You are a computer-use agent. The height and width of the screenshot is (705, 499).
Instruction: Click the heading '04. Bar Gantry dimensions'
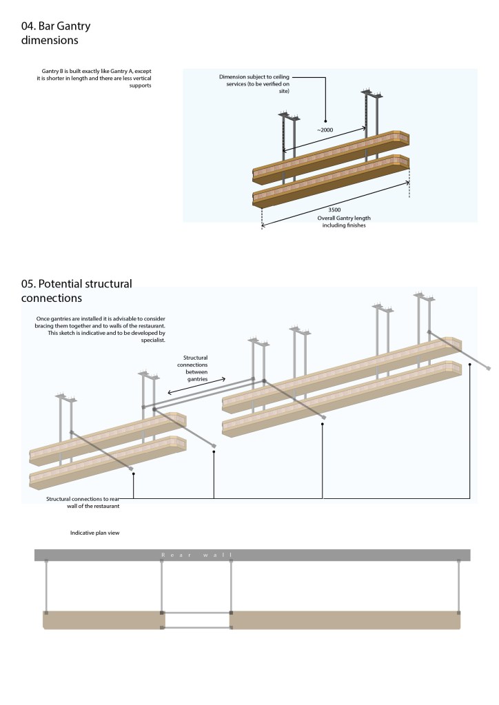pyautogui.click(x=56, y=33)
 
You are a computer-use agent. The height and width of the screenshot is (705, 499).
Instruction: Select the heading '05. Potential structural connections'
pyautogui.click(x=76, y=291)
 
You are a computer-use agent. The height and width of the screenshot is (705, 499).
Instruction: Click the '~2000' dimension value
pyautogui.click(x=327, y=130)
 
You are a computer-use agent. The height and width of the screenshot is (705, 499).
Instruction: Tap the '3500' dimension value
pyautogui.click(x=334, y=210)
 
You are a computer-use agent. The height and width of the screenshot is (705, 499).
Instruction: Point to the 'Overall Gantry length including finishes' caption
pyautogui.click(x=344, y=222)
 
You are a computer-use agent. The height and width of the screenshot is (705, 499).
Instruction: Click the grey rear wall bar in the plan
pyautogui.click(x=345, y=555)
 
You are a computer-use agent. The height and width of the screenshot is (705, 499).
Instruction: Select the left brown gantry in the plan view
pyautogui.click(x=103, y=620)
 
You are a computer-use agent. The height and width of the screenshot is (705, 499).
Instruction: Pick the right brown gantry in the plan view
pyautogui.click(x=345, y=620)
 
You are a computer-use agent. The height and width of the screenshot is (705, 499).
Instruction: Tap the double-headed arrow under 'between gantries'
pyautogui.click(x=198, y=385)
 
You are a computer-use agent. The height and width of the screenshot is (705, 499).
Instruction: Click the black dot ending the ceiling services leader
pyautogui.click(x=326, y=121)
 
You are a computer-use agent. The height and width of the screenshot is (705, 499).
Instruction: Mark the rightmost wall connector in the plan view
pyautogui.click(x=459, y=586)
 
